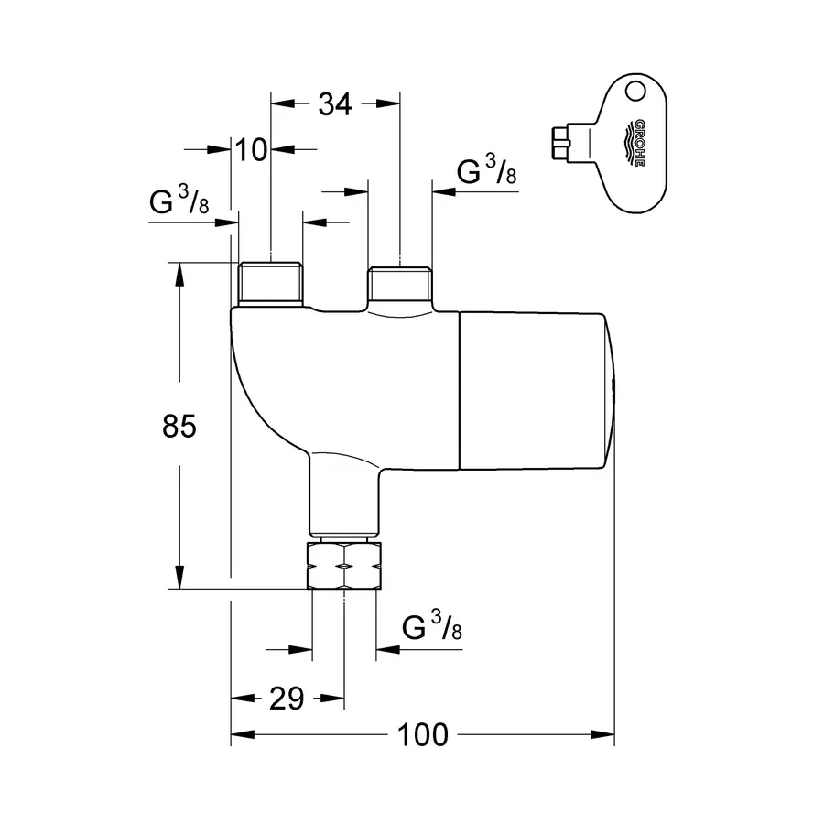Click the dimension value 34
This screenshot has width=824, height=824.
(x=335, y=105)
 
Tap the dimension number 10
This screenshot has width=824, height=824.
(x=250, y=148)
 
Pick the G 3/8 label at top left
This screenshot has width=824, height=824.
(x=179, y=204)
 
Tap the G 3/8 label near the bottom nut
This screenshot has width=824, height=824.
(x=431, y=628)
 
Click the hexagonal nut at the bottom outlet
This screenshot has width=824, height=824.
(x=344, y=566)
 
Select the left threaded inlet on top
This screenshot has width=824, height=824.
(x=271, y=284)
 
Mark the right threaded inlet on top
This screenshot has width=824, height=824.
(x=400, y=286)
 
